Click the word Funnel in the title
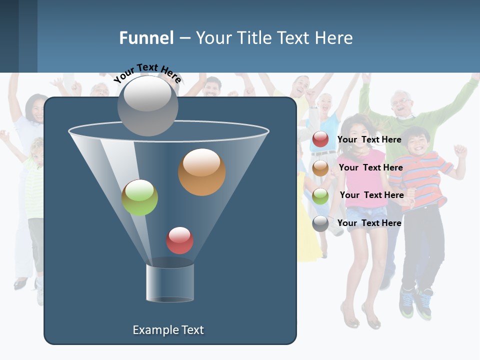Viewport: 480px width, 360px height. coord(146,38)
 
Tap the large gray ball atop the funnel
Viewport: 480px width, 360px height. coord(148,105)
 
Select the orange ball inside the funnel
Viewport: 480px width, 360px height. coord(201,172)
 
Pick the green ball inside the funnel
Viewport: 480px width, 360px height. coord(140,197)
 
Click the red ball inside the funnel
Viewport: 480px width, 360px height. coord(179,240)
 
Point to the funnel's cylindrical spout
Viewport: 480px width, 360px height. coord(170,282)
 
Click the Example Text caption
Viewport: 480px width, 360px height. coord(168,330)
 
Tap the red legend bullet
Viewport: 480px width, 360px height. coord(320,140)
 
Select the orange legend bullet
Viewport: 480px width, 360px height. coord(320,168)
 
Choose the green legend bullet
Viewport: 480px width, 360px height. coord(320,196)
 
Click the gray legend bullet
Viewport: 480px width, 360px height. coord(320,223)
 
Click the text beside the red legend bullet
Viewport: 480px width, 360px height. coord(369,140)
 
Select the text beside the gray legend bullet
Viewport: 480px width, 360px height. coord(369,223)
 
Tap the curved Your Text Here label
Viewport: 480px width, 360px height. coord(147,72)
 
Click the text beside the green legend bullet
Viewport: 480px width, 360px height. coord(371,195)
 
